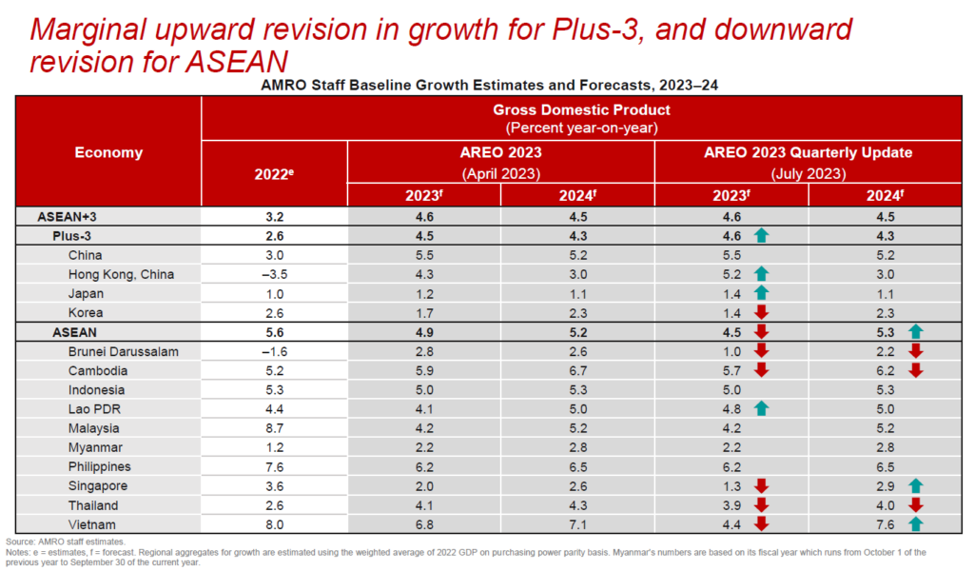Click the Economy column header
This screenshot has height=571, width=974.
(108, 152)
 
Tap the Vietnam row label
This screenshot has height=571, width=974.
(93, 524)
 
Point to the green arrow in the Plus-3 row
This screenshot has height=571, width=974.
(761, 236)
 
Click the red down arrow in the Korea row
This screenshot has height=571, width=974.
(761, 312)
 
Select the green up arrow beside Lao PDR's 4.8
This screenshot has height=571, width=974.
(761, 409)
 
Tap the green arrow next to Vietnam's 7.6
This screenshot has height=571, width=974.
(915, 524)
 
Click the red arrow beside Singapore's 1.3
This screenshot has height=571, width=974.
(761, 486)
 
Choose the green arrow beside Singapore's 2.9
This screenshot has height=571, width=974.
(915, 486)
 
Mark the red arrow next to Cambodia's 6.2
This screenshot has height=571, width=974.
(915, 370)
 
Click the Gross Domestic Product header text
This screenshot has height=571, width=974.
(588, 110)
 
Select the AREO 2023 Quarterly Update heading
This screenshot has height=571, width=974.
(808, 152)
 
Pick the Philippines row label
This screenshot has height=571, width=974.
(100, 466)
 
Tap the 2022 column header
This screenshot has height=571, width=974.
(274, 173)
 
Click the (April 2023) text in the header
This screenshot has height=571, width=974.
(500, 173)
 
